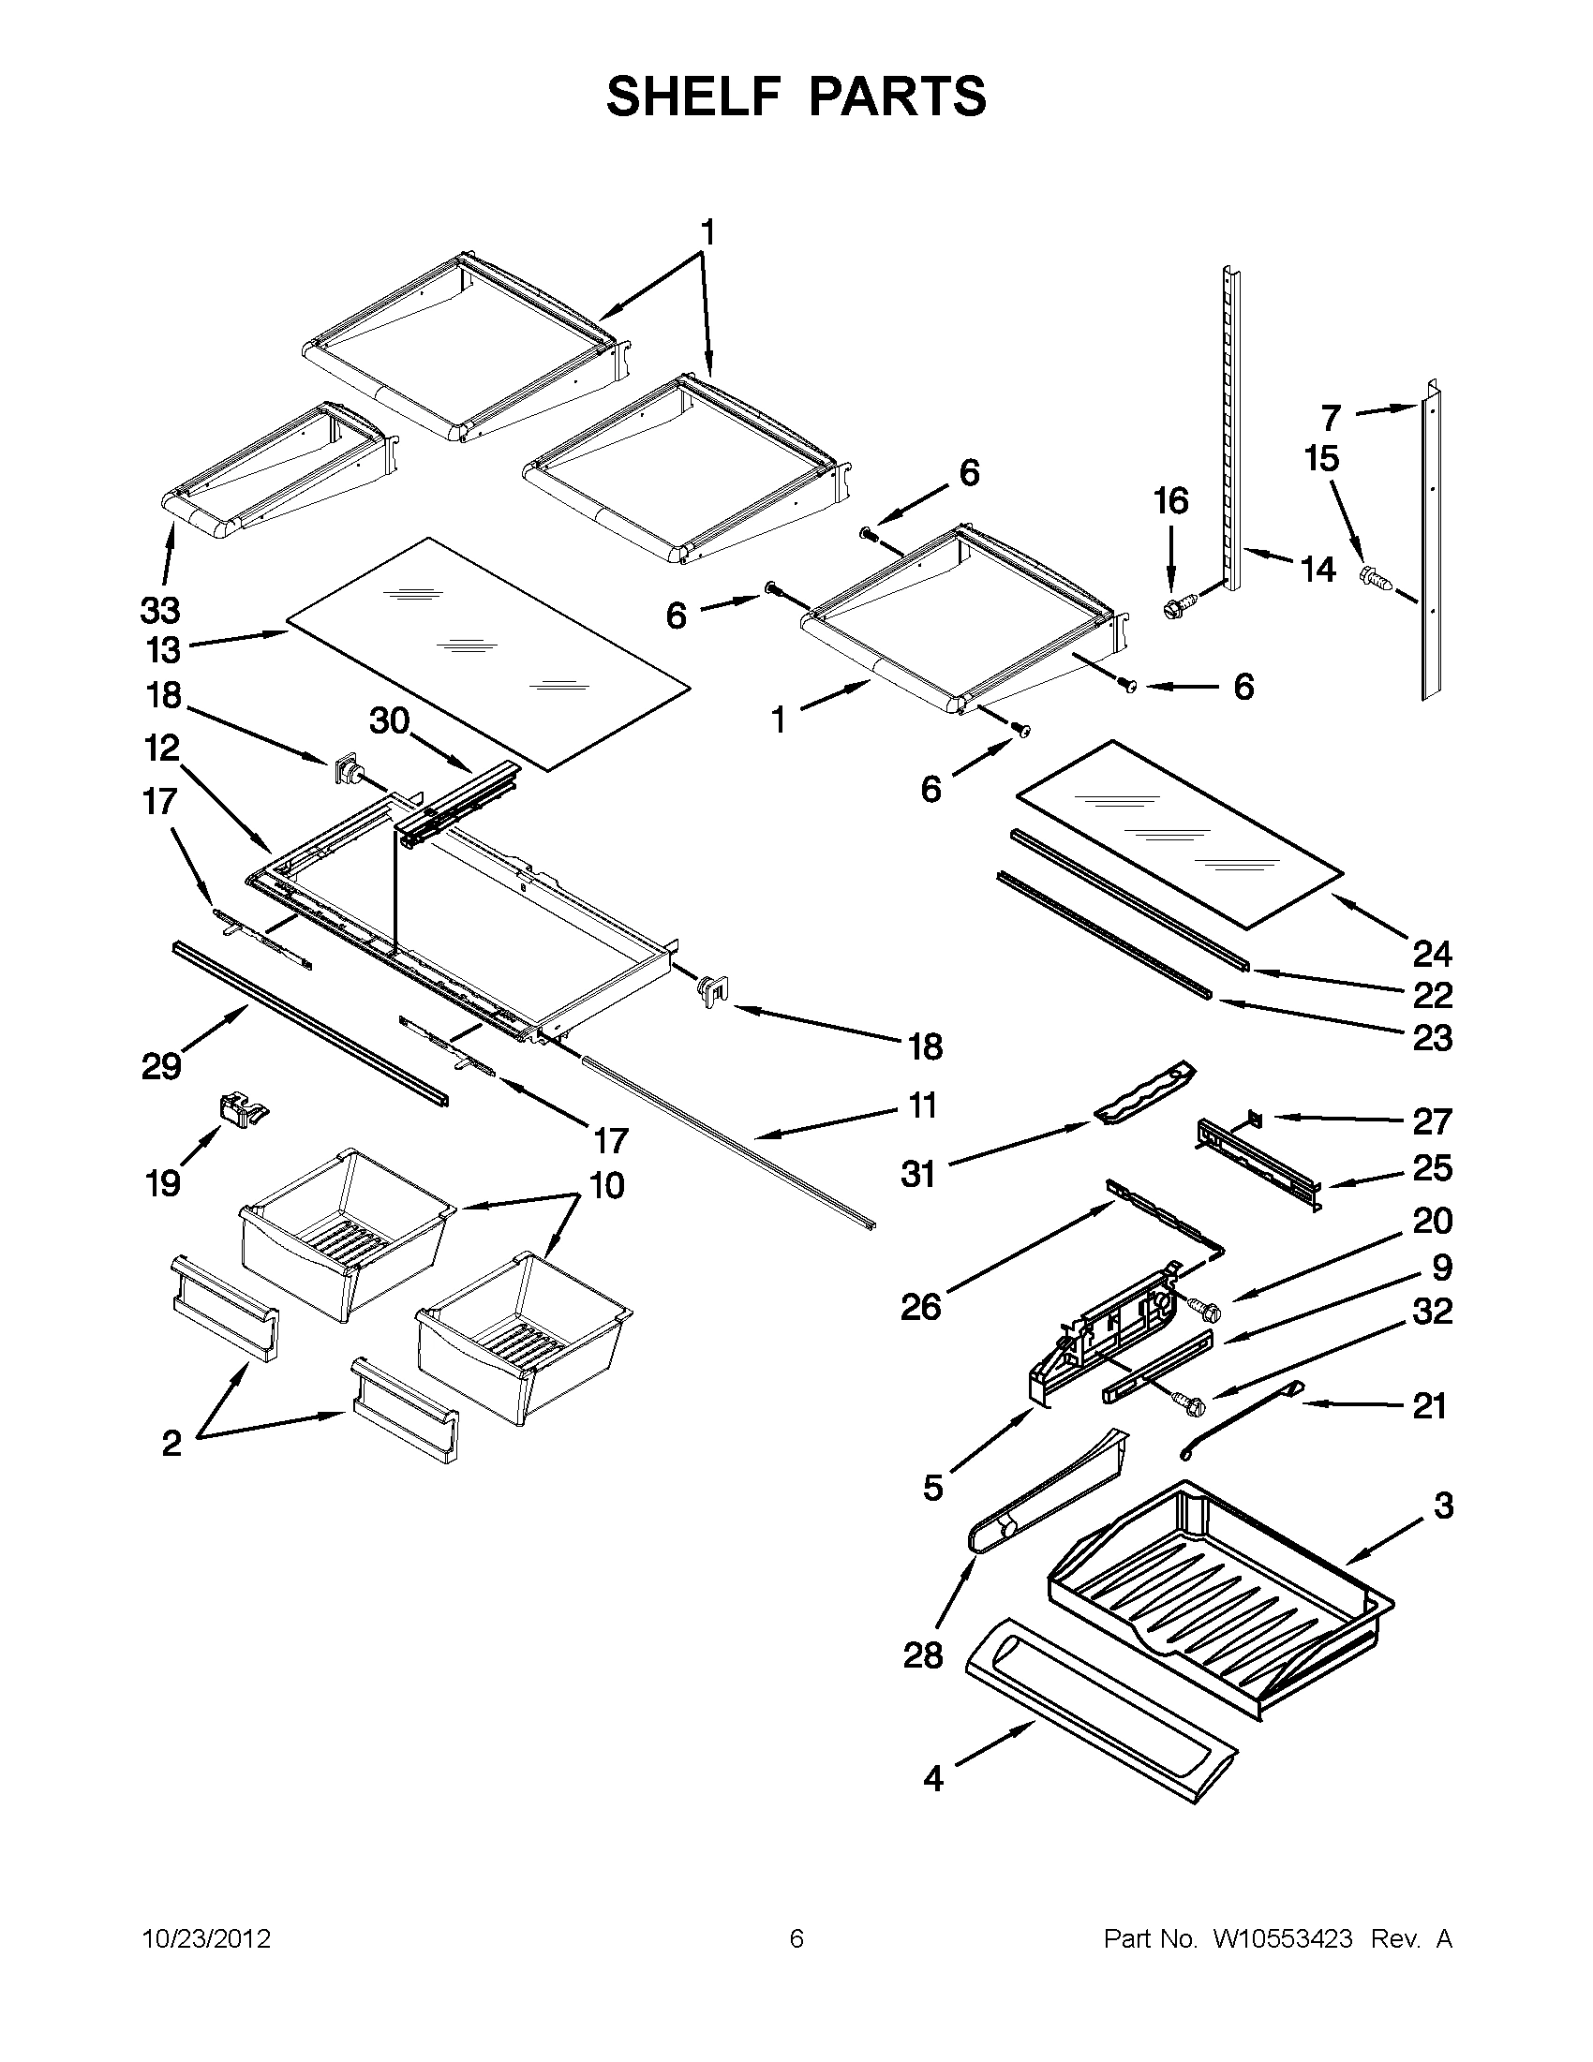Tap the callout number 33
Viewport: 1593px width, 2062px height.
click(159, 611)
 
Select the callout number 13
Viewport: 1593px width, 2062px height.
click(162, 649)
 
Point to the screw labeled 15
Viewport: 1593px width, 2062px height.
click(1374, 577)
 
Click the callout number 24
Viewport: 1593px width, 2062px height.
click(1432, 954)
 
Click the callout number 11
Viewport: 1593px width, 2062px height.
click(923, 1105)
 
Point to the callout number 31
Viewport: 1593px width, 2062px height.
click(917, 1175)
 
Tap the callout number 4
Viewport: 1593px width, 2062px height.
click(933, 1779)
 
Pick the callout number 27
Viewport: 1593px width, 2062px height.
click(1432, 1121)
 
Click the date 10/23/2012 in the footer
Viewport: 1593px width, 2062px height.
click(207, 1939)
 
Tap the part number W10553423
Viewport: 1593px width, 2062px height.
click(1281, 1939)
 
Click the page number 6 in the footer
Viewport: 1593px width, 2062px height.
click(796, 1939)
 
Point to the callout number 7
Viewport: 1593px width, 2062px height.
click(1332, 416)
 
